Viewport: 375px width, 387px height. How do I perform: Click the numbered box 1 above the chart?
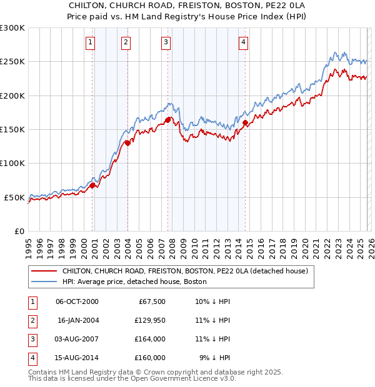click(91, 42)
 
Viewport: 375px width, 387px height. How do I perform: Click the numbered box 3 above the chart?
click(166, 42)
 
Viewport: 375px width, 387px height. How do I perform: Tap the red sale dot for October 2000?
click(92, 185)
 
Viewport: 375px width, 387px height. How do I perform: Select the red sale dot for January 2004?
click(127, 142)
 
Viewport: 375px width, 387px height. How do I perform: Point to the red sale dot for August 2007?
click(167, 120)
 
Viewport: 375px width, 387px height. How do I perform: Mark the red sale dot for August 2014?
click(245, 122)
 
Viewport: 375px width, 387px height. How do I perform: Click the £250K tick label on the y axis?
click(12, 62)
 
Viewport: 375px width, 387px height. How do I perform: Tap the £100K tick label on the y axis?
click(12, 163)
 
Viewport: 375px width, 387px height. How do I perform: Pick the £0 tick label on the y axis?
click(19, 231)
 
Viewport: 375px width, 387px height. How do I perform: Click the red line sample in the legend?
click(43, 272)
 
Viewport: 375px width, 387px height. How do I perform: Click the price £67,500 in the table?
click(151, 301)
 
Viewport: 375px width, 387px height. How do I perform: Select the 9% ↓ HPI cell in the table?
click(214, 358)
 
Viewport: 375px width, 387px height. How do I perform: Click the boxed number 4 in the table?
click(31, 358)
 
